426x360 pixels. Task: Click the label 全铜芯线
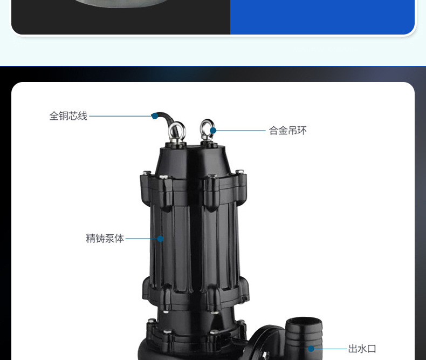68,116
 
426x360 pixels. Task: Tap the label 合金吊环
287,131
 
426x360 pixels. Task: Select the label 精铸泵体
105,239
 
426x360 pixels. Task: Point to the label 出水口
362,349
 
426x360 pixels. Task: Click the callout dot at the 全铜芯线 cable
155,116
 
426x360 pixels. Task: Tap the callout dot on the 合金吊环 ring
214,131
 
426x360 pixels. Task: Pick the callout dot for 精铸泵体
160,239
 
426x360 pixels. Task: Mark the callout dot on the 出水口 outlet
311,349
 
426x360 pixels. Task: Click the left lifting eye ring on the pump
177,131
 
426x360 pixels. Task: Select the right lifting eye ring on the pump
207,128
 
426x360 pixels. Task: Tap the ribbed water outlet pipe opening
304,323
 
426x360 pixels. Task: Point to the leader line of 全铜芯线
121,116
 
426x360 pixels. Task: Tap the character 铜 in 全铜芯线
64,116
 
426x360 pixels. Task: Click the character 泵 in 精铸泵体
110,239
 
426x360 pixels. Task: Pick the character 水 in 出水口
362,349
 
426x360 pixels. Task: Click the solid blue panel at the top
322,16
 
